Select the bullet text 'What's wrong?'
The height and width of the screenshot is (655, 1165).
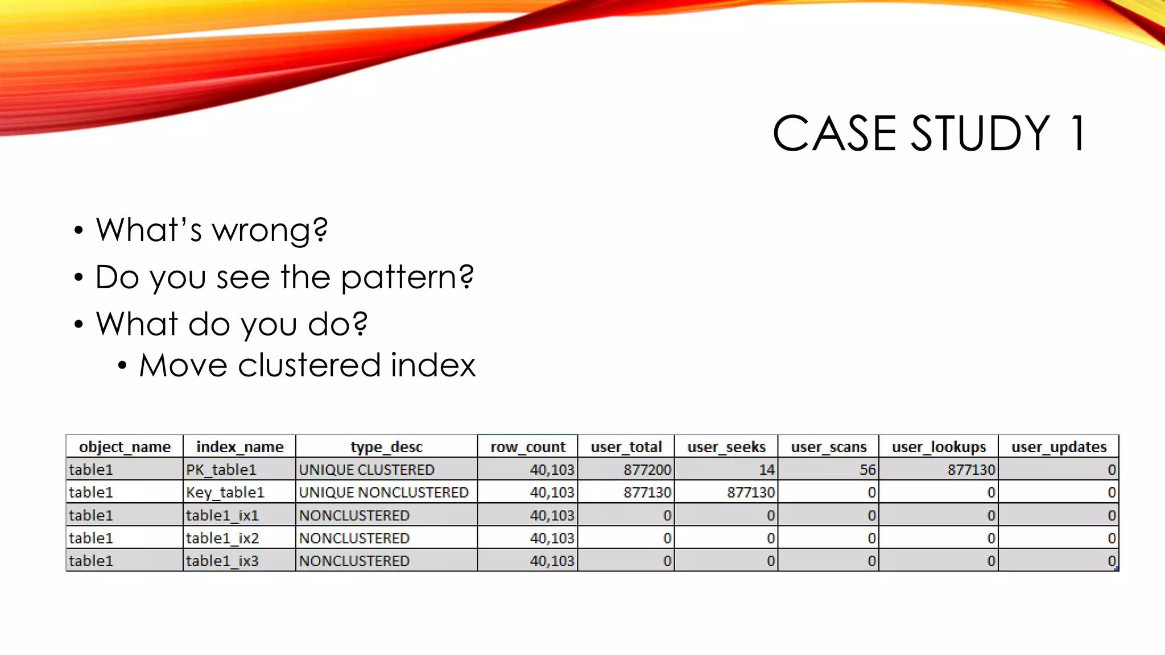(x=212, y=230)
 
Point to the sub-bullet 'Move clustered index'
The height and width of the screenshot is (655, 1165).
(x=307, y=365)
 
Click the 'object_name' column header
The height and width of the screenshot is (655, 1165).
(x=125, y=447)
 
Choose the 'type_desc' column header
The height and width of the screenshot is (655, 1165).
(x=386, y=447)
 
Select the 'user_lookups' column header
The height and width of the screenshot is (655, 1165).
(x=939, y=447)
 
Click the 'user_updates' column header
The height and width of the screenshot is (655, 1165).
(x=1059, y=447)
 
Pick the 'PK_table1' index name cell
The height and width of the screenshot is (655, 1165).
(x=221, y=470)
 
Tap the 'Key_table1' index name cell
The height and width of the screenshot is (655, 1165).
(x=225, y=492)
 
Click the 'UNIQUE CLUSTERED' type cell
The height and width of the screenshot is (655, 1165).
(x=367, y=470)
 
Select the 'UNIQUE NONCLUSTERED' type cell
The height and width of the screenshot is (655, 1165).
(x=384, y=492)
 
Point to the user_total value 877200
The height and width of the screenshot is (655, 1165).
(x=647, y=470)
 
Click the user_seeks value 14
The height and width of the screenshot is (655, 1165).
(x=767, y=470)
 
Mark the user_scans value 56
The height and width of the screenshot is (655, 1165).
(x=867, y=470)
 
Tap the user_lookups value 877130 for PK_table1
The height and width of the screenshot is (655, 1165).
(x=971, y=470)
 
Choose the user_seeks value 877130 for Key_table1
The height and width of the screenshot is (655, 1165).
(x=750, y=492)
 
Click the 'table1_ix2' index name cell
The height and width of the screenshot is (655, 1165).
(x=222, y=538)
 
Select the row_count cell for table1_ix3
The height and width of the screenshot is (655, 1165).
(x=552, y=561)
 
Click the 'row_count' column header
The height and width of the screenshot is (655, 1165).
(x=528, y=447)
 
